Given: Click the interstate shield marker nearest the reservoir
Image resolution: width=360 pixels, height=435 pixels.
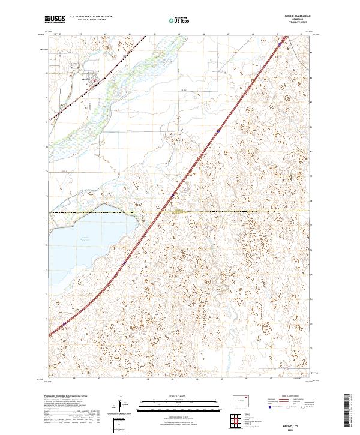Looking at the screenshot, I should click(124, 262).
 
